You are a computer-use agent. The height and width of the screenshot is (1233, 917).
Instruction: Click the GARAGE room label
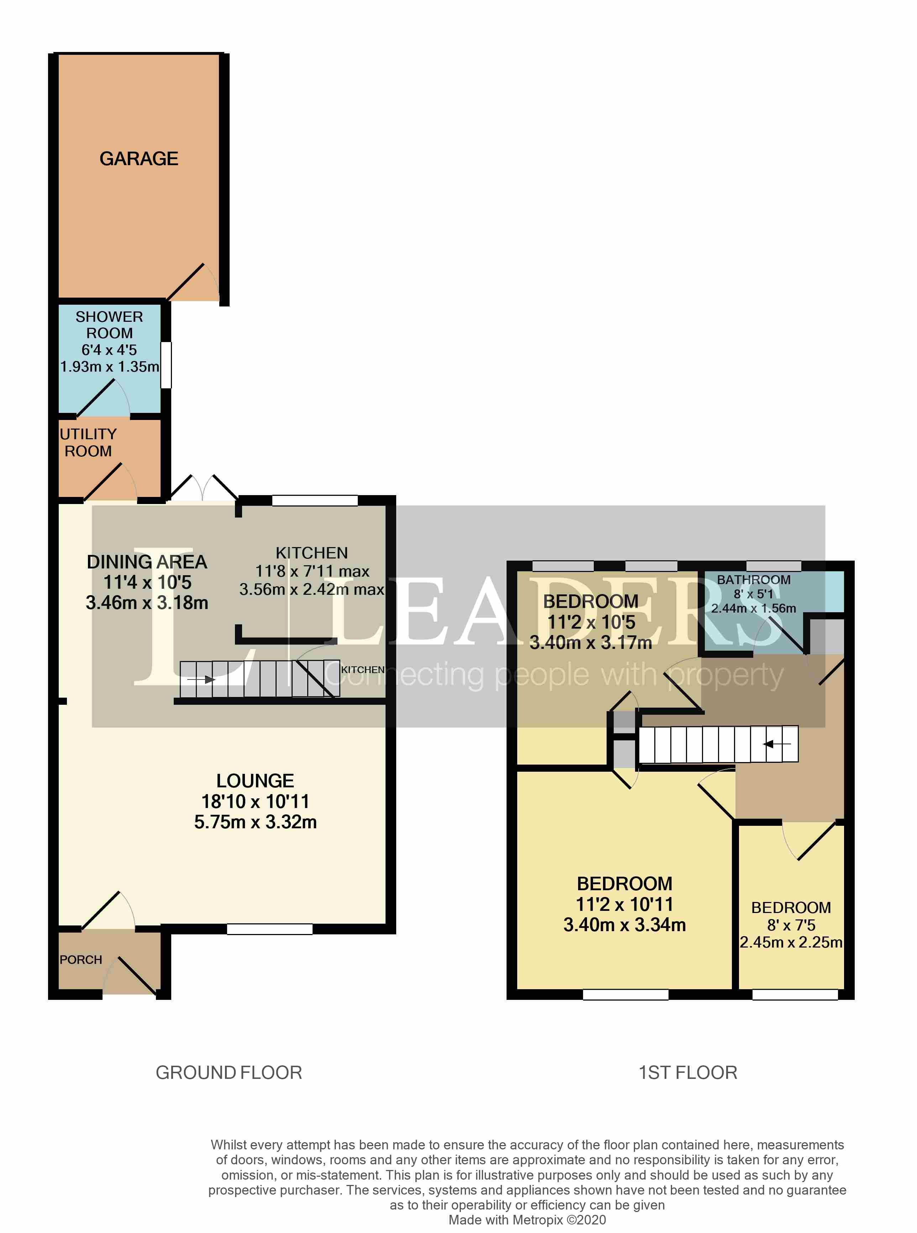tap(139, 159)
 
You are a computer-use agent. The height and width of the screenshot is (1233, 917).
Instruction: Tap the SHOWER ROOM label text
tap(109, 325)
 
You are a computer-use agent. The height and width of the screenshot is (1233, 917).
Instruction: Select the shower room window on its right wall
tap(166, 364)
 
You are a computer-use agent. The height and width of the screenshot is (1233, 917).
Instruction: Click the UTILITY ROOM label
tap(88, 442)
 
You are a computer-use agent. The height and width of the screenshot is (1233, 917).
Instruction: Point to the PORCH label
tap(81, 959)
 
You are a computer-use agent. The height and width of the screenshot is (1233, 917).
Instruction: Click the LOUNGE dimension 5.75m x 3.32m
tap(255, 822)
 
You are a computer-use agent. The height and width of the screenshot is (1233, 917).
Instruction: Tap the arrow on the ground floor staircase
tap(200, 679)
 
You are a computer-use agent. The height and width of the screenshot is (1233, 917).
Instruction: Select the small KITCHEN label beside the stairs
tap(362, 670)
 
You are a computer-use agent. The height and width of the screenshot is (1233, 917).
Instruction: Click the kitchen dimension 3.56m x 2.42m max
tap(311, 589)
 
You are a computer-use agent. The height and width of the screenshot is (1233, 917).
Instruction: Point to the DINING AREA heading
tap(147, 562)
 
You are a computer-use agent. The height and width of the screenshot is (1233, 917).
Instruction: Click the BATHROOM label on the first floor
tap(753, 579)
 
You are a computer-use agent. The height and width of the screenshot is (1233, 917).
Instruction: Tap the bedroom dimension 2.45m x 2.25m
tap(791, 942)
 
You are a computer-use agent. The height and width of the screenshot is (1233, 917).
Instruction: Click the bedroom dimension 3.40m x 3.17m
tap(591, 642)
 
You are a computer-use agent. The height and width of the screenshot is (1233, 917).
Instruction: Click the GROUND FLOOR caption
tap(229, 1072)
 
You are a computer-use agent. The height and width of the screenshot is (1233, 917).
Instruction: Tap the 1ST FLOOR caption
tap(688, 1072)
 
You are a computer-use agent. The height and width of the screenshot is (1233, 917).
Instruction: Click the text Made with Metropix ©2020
tap(527, 1220)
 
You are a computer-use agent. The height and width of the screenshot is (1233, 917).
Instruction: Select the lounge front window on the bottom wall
tap(270, 929)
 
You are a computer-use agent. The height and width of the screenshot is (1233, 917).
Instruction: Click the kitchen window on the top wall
tap(315, 500)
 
